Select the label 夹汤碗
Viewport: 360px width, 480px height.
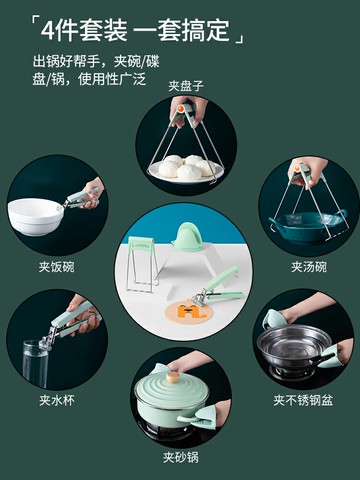pos(309,267)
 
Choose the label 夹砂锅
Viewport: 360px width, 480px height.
pos(181,457)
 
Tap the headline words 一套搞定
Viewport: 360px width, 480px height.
pos(183,28)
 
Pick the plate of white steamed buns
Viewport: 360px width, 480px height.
pos(187,168)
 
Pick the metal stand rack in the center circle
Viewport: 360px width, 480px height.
pos(142,264)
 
